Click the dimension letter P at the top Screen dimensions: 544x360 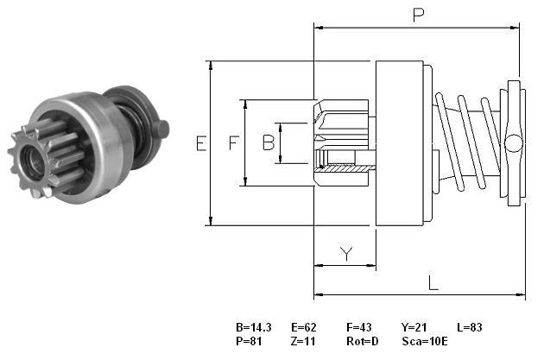[419, 15]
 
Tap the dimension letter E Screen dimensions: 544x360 [201, 143]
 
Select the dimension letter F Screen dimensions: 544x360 [234, 143]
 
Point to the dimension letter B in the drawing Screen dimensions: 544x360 [269, 142]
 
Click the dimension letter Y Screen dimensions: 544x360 [346, 254]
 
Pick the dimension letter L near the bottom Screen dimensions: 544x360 [433, 282]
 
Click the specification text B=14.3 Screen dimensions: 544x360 [254, 327]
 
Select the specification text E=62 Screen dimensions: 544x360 [304, 327]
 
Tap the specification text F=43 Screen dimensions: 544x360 [358, 327]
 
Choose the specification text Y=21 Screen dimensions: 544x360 [414, 327]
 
